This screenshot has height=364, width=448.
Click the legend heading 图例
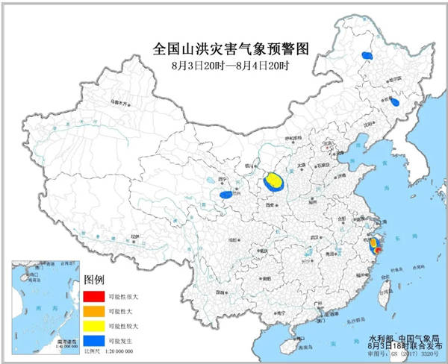(94, 279)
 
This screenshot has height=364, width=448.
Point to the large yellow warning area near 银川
(274, 181)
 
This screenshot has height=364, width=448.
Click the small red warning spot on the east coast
(377, 252)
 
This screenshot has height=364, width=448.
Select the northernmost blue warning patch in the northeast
(367, 55)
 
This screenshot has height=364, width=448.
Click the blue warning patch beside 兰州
(225, 195)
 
